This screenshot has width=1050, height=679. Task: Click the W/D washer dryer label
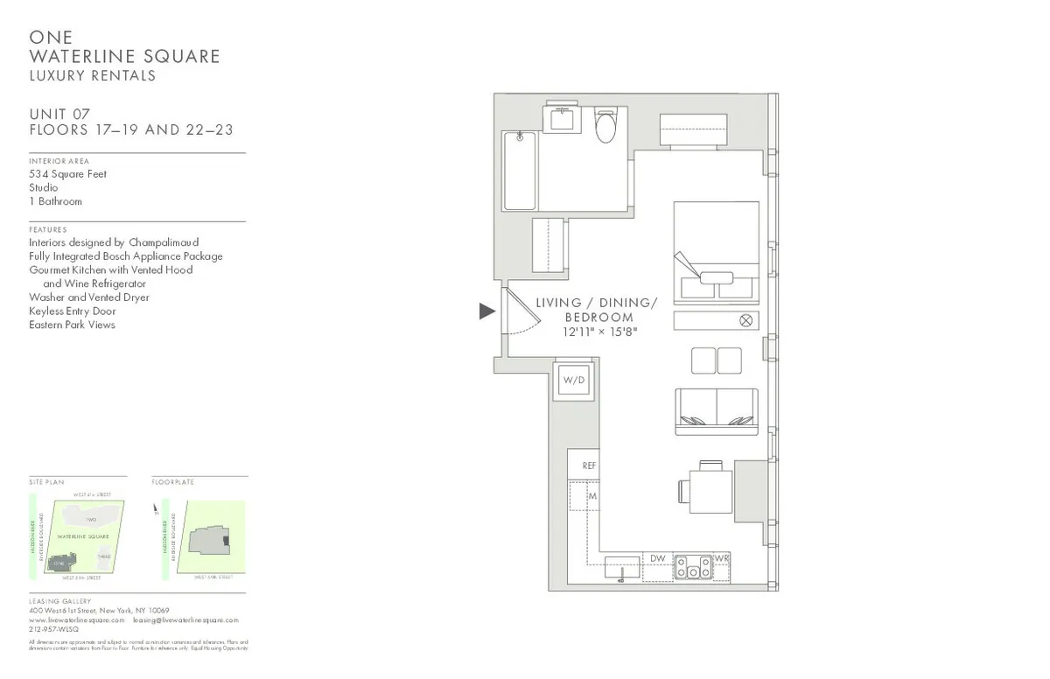click(573, 381)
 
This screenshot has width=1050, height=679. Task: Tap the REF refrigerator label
click(589, 465)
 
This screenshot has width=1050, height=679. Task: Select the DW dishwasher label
click(657, 558)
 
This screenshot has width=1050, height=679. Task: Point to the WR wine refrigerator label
click(721, 558)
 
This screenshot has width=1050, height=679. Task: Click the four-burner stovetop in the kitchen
click(692, 568)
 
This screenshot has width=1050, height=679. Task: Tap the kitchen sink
click(622, 568)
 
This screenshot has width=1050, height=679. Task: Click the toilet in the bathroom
click(605, 128)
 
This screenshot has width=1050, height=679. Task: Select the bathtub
click(520, 171)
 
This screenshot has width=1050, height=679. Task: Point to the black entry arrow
click(487, 311)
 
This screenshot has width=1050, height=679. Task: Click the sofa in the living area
click(716, 411)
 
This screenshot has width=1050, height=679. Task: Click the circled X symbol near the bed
click(745, 320)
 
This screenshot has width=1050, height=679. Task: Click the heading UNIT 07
click(59, 114)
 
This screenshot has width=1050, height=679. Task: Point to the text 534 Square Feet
click(67, 174)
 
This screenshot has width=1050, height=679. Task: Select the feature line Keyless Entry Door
click(72, 311)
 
